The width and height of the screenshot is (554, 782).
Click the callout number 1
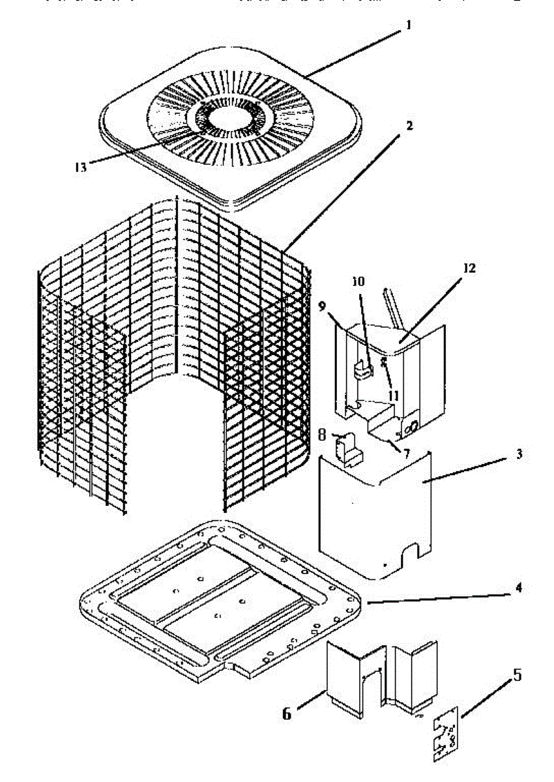coord(409,26)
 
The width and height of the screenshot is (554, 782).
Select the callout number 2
coord(409,124)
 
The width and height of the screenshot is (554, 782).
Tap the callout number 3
coord(519,454)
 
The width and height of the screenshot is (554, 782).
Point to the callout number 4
coord(519,587)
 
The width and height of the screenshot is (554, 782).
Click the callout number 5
coord(517,674)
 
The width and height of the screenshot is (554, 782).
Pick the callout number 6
coord(287,714)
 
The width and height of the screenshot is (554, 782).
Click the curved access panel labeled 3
coord(372,515)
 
